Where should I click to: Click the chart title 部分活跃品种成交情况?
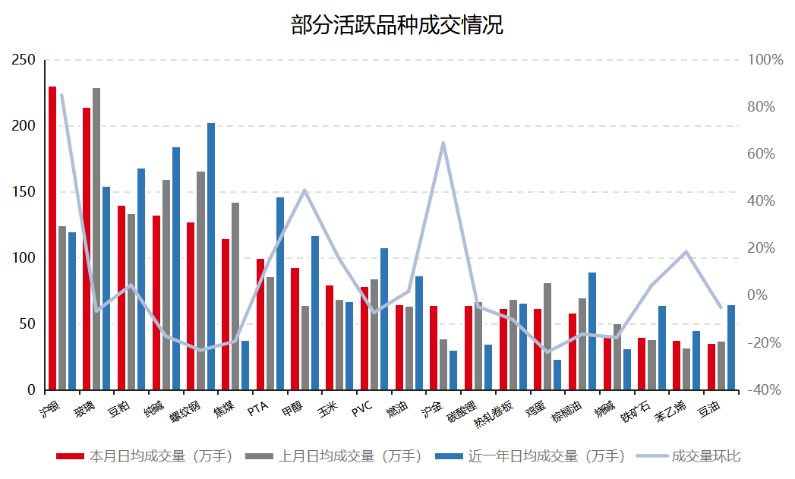[397, 25]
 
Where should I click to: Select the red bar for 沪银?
[52, 238]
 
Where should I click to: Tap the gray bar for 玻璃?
[96, 239]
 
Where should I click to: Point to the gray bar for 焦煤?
[235, 296]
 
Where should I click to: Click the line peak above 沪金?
[443, 143]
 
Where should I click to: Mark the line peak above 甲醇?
[304, 191]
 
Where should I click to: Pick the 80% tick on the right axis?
[761, 107]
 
